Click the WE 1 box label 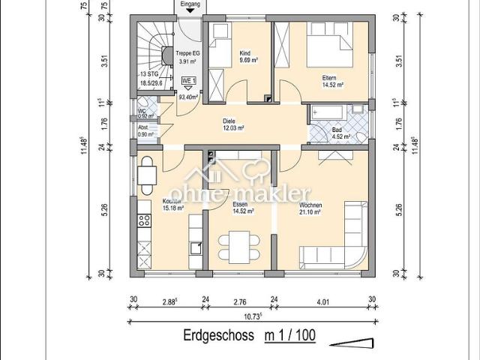tap(188, 80)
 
